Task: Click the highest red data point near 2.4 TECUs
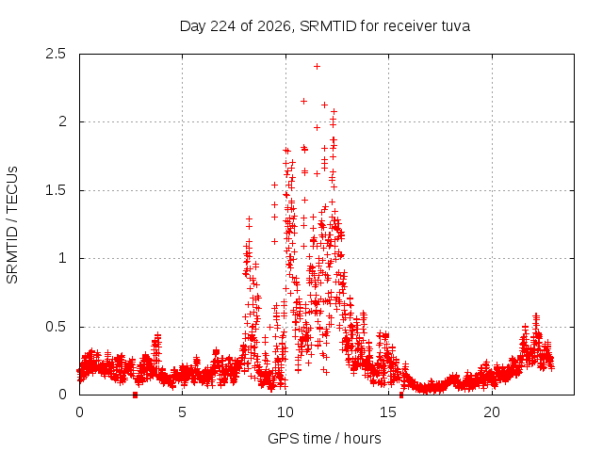(317, 67)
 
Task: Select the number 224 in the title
(223, 26)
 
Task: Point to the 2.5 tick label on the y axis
(56, 54)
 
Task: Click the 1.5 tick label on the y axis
(56, 190)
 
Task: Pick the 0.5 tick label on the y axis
(56, 327)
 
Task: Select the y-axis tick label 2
(62, 121)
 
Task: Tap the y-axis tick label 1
(62, 258)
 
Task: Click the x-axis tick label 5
(182, 412)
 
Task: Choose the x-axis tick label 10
(285, 412)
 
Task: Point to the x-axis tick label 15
(388, 412)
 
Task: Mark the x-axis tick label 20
(492, 412)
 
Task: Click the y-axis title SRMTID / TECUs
(12, 225)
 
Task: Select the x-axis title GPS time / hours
(324, 438)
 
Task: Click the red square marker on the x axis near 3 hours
(135, 395)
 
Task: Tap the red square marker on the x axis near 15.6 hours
(401, 395)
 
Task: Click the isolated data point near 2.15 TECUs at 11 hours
(303, 101)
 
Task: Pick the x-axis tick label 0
(79, 412)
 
